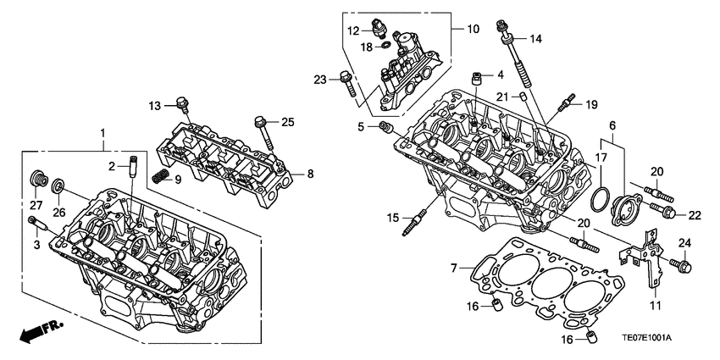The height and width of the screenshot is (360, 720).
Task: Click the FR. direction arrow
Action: pos(37,333)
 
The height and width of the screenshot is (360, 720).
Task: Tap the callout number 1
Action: pos(102,133)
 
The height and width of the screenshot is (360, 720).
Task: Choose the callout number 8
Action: pos(310,174)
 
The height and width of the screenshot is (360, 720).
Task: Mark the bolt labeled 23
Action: pos(346,81)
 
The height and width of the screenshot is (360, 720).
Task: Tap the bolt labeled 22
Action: pos(664,209)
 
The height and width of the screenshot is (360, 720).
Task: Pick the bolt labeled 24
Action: pos(684,267)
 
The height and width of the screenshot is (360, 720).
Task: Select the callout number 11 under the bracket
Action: pos(653,303)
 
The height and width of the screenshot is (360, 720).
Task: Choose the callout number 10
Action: pos(473,29)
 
